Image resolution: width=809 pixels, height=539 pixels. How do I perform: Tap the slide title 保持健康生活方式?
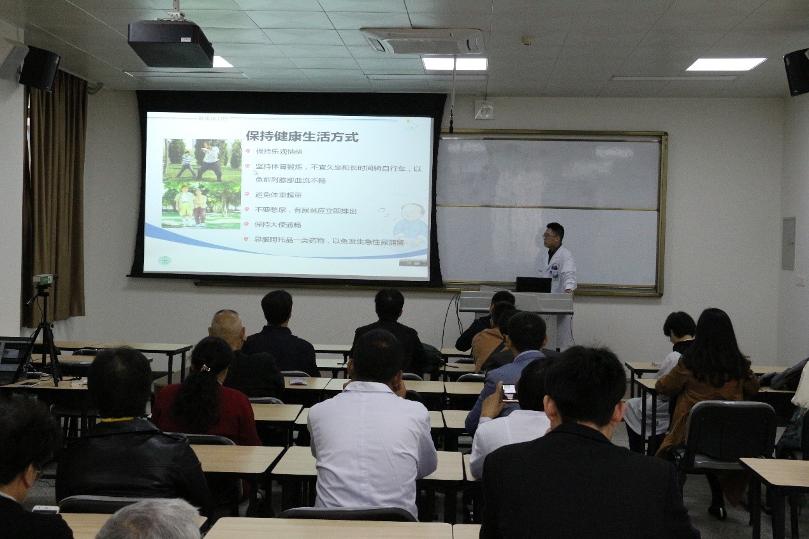[302, 136]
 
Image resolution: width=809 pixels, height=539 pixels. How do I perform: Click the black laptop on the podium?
[533, 285]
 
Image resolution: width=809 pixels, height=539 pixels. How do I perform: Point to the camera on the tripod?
[44, 279]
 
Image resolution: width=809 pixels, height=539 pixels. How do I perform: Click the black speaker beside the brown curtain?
[40, 68]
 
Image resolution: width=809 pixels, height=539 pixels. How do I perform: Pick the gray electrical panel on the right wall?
[789, 243]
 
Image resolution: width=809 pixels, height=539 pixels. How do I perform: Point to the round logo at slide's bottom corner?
[165, 261]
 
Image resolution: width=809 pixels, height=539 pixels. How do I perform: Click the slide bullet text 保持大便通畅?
[278, 225]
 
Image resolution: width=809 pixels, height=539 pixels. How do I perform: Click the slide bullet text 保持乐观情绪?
[279, 152]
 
